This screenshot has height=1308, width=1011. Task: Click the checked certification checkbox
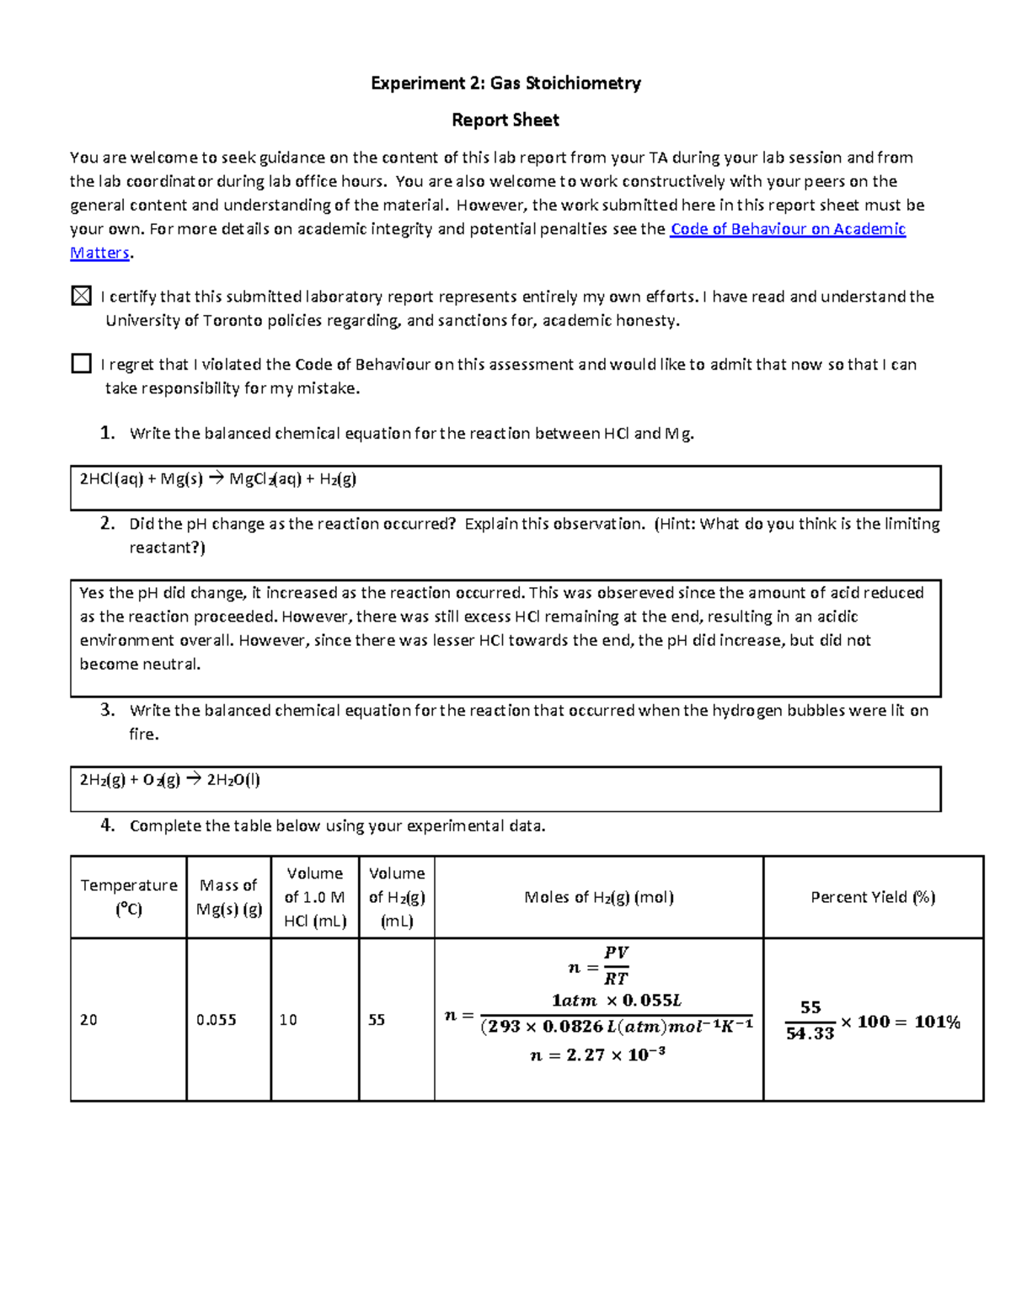click(81, 296)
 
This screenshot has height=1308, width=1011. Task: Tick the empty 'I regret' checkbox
click(81, 363)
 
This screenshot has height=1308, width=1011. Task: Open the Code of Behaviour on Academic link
click(787, 229)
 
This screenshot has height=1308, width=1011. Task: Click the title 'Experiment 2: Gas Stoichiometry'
click(505, 83)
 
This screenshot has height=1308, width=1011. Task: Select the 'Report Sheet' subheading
click(505, 120)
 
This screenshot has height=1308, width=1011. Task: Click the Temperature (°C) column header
click(128, 897)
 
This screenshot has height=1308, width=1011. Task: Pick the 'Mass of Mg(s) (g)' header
click(228, 897)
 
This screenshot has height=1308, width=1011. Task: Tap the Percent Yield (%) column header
click(873, 897)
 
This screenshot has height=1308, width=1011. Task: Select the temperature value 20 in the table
click(88, 1020)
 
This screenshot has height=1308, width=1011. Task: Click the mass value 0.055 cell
click(217, 1020)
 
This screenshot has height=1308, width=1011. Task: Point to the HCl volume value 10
click(288, 1020)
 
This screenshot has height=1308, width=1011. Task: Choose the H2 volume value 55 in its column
click(377, 1020)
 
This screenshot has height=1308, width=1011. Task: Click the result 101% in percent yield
click(937, 1022)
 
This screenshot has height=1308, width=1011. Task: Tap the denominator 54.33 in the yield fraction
click(810, 1033)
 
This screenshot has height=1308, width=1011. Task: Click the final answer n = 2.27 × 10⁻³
click(597, 1054)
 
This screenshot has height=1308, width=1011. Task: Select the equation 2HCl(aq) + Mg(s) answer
click(217, 479)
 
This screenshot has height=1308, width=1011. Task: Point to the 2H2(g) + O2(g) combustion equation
click(169, 780)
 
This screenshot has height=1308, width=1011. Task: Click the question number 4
click(107, 825)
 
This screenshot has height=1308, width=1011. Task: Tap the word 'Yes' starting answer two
click(92, 593)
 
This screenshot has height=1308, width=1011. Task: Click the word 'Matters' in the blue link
click(99, 253)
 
